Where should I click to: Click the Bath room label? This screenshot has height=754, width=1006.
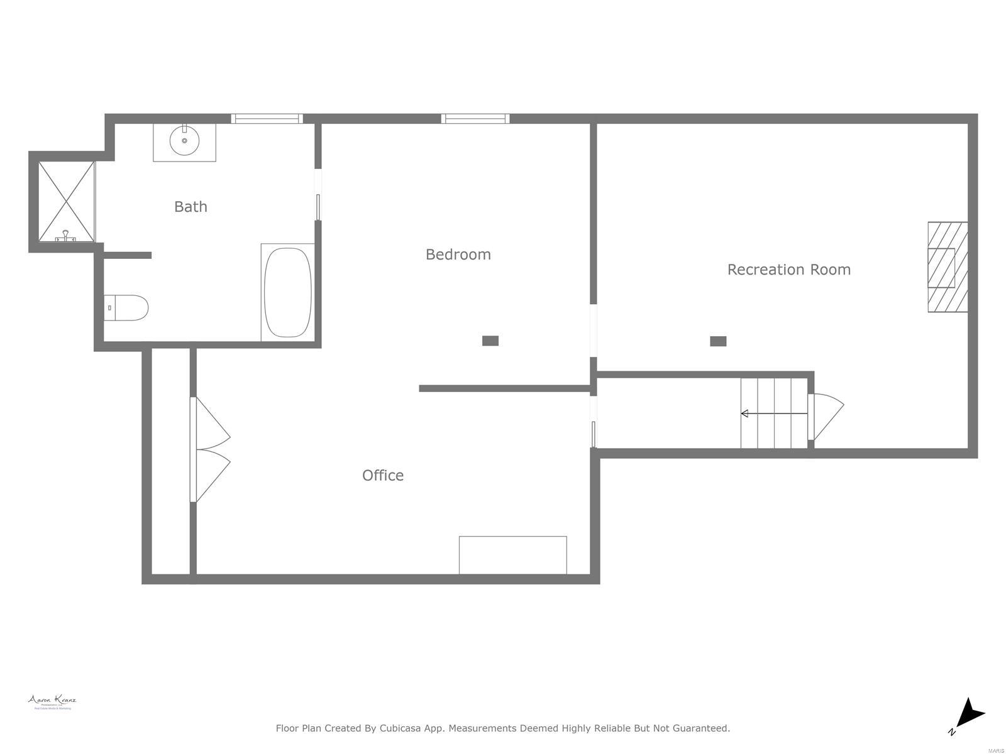pos(191,207)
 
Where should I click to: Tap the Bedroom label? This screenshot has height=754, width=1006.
pos(458,254)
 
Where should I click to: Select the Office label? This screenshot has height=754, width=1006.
pos(382,476)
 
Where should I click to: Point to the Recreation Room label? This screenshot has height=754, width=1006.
pos(788,270)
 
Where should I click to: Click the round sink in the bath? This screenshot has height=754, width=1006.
pos(184,140)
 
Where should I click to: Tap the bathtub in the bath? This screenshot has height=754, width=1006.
pos(287,292)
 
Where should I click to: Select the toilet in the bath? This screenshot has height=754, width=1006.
pos(127,308)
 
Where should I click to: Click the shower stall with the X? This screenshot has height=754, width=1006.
pos(66,202)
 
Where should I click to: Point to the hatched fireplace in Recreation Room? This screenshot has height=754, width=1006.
pos(948,267)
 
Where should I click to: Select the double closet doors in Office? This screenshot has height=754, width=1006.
pos(211,450)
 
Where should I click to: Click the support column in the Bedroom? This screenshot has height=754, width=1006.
pos(490,341)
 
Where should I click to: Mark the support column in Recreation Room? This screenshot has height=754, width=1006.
pos(718,341)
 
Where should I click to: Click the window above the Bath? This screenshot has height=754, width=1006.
pos(267,118)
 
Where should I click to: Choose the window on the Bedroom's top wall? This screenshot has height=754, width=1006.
pos(475,118)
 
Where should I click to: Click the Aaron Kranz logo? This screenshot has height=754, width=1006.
pos(52,702)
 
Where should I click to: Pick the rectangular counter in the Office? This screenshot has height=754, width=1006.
pos(512,555)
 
